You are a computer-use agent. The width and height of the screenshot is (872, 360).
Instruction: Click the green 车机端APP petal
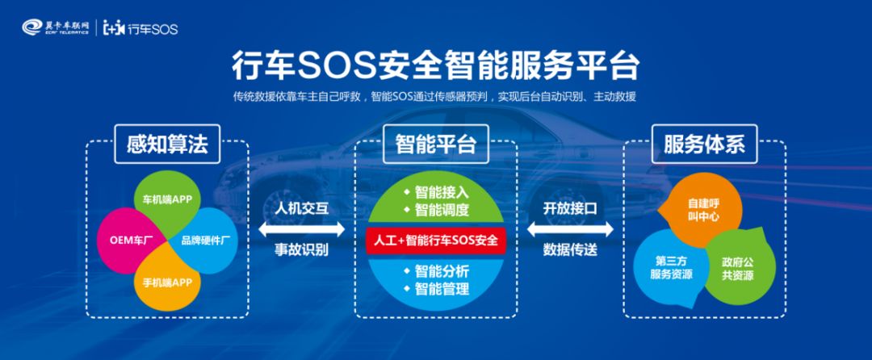(x=167, y=199)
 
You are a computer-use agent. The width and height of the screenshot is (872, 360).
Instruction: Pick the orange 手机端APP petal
(x=167, y=283)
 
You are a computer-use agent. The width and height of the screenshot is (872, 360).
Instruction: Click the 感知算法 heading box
(x=167, y=144)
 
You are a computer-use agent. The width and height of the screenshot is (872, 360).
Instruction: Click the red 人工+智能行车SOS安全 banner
(x=435, y=240)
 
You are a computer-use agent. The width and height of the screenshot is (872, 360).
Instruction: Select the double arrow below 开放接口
(x=570, y=230)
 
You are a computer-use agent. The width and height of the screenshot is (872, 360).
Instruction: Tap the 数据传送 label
(x=570, y=250)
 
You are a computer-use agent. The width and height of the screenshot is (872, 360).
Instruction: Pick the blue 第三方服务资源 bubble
(x=672, y=267)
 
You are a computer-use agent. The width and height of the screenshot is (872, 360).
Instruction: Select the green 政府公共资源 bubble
(x=736, y=267)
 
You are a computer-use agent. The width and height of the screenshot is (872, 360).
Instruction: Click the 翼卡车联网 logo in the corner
(x=56, y=29)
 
